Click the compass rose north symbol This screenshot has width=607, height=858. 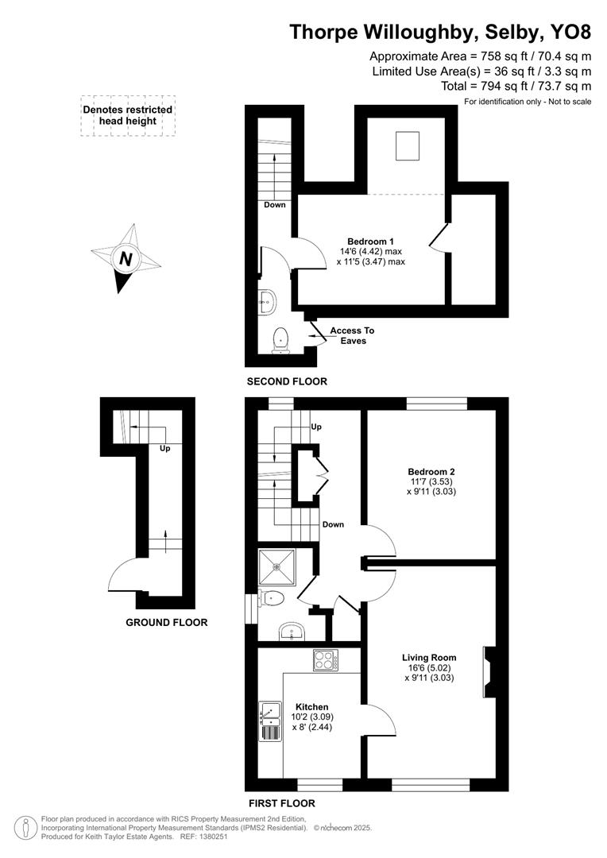pyautogui.click(x=126, y=259)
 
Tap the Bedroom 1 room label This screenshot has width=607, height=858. pyautogui.click(x=370, y=242)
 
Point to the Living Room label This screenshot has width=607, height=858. pyautogui.click(x=429, y=658)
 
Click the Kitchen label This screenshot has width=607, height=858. pyautogui.click(x=312, y=707)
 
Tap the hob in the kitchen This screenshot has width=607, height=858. pyautogui.click(x=327, y=660)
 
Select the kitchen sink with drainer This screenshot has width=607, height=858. pyautogui.click(x=270, y=721)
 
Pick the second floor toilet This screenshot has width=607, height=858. pyautogui.click(x=280, y=340)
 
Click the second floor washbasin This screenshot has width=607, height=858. pyautogui.click(x=268, y=300)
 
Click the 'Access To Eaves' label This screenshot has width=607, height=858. pyautogui.click(x=352, y=335)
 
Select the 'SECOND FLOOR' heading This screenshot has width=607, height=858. pyautogui.click(x=287, y=382)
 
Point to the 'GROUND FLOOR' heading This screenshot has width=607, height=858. pyautogui.click(x=167, y=623)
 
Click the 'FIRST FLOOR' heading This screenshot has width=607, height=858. pyautogui.click(x=281, y=803)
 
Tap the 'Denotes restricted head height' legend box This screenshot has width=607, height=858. pyautogui.click(x=127, y=116)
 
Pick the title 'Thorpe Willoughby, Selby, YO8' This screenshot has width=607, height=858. pyautogui.click(x=440, y=32)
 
